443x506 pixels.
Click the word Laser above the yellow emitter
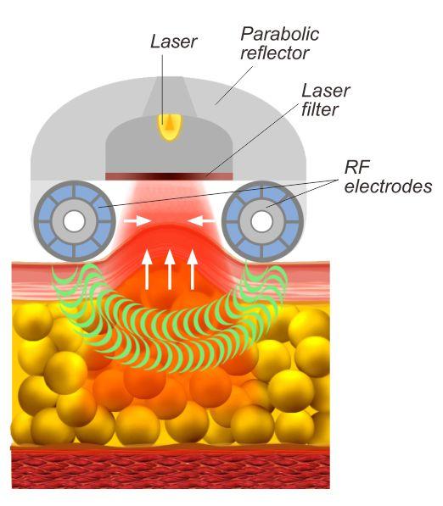pos(173,42)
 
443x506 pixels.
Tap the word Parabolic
pos(280,34)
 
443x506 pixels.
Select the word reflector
pos(275,53)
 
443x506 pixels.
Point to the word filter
pos(320,109)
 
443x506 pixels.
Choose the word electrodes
pos(388,186)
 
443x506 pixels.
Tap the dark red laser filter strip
pos(169,176)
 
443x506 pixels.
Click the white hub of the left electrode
pos(74,221)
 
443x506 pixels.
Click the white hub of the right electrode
pos(261,221)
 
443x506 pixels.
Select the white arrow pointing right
pos(137,220)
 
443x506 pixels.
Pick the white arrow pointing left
pos(201,220)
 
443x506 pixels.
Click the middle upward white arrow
pos(170,270)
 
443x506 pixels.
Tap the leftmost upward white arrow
pos(147,270)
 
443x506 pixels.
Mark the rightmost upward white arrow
pos(193,270)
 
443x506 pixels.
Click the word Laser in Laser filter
pos(326,91)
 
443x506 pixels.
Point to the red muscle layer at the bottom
pos(171,468)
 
